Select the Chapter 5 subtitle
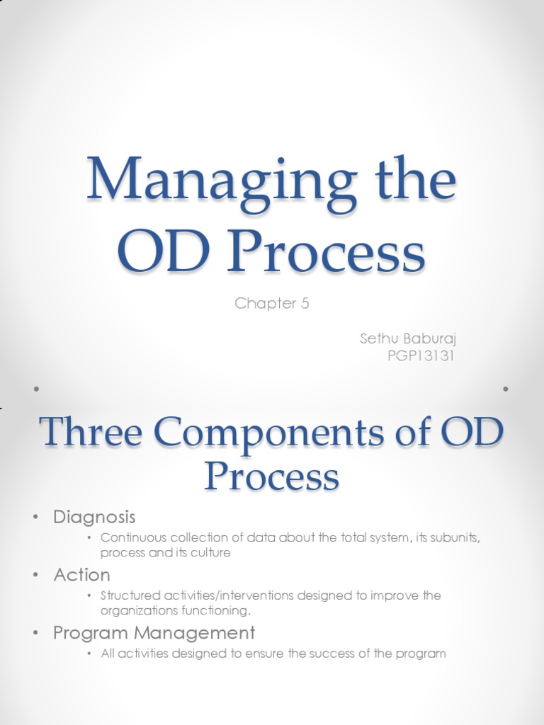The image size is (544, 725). tap(272, 304)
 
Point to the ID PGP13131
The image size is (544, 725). tap(420, 355)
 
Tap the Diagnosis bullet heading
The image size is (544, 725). tap(94, 517)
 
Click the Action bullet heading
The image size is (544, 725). tap(82, 574)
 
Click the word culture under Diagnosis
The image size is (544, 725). tap(213, 552)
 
